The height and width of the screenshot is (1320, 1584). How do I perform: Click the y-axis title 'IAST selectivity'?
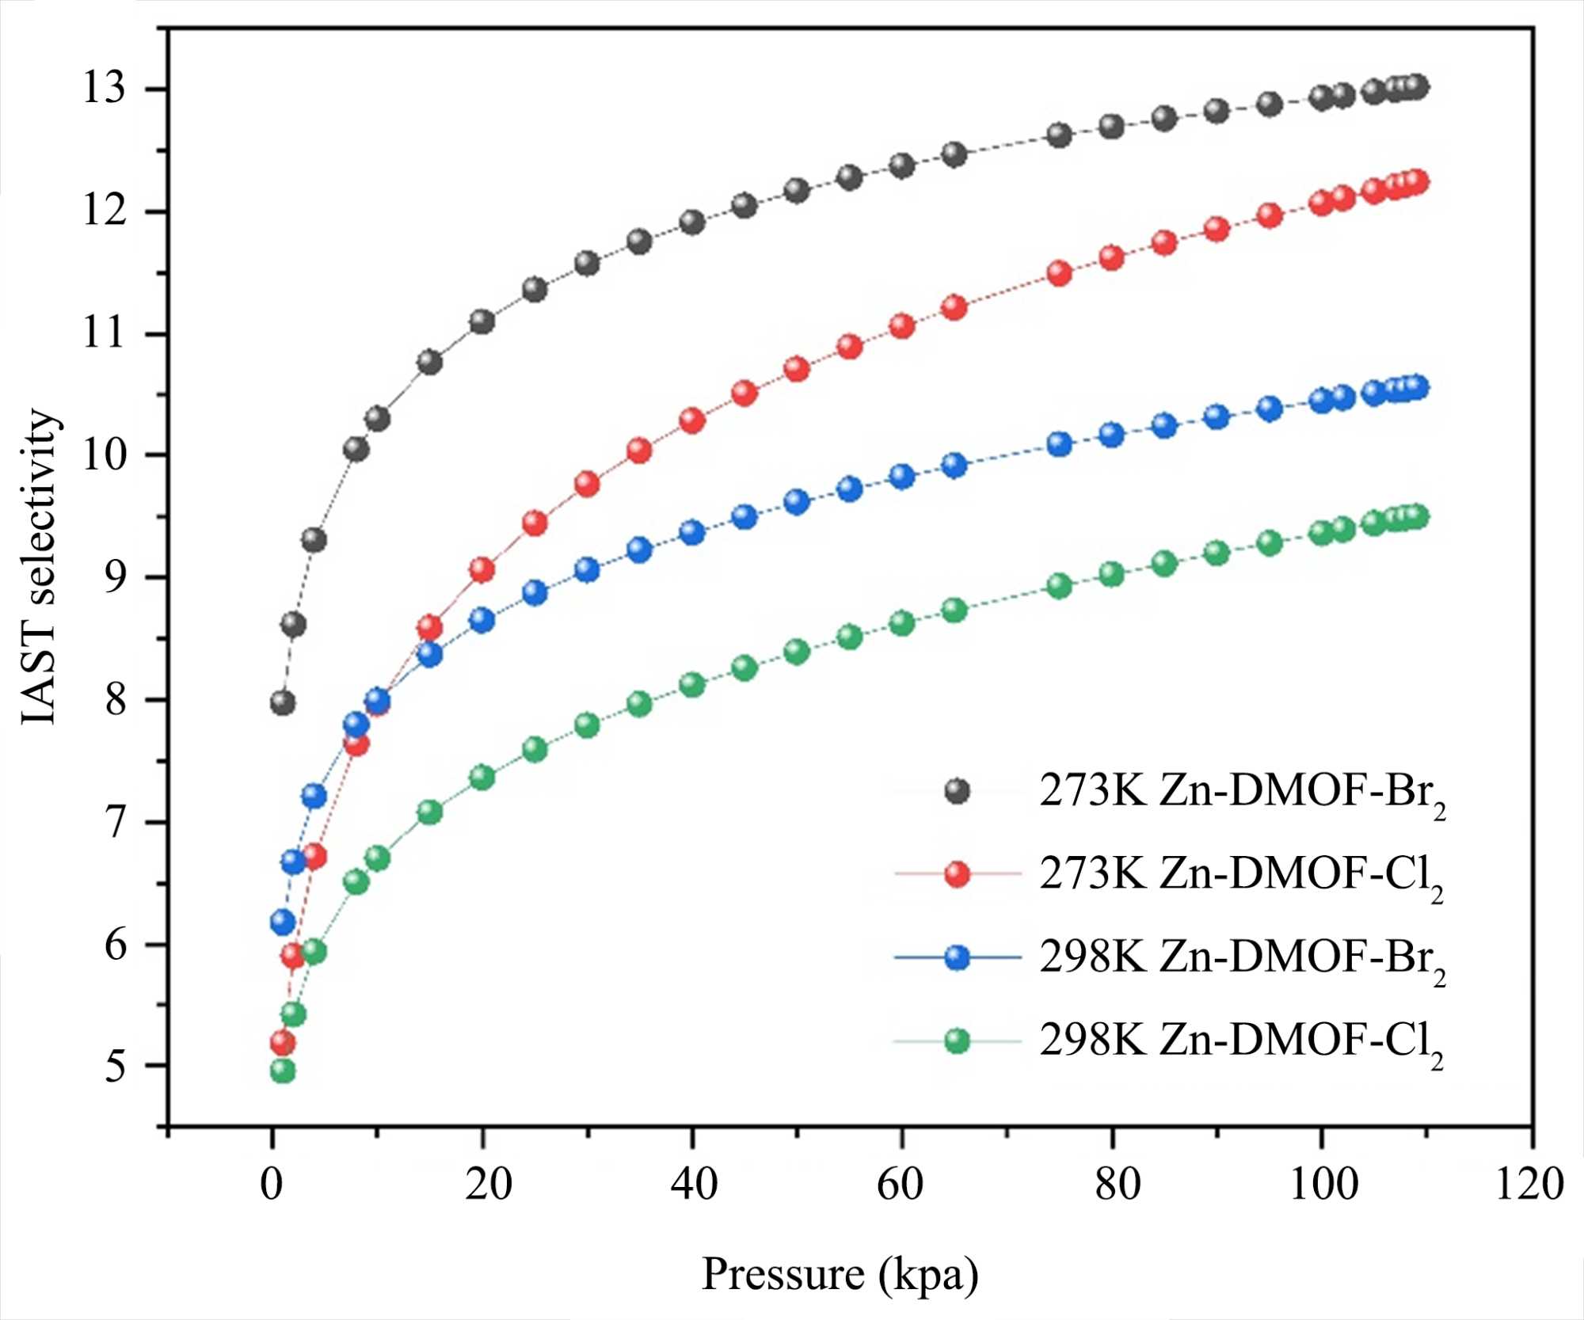(x=40, y=566)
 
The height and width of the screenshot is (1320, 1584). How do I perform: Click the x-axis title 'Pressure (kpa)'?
(x=840, y=1274)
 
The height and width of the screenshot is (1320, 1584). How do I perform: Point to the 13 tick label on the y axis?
(x=105, y=88)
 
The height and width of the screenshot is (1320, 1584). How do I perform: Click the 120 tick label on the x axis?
(x=1529, y=1185)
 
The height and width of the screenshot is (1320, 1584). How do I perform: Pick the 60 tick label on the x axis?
(x=901, y=1185)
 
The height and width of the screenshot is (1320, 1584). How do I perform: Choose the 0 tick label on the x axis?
(x=272, y=1185)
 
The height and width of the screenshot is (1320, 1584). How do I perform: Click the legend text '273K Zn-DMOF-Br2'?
(x=1241, y=792)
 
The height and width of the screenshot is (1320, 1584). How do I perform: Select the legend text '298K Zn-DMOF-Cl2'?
(x=1241, y=1042)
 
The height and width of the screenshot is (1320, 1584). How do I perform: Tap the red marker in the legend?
(x=958, y=874)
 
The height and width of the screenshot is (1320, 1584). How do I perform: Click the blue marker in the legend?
(x=958, y=957)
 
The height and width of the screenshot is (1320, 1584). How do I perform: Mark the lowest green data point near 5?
(x=283, y=1071)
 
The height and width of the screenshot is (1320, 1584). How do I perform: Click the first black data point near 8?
(x=283, y=702)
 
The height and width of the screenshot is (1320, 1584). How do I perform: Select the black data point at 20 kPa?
(x=482, y=321)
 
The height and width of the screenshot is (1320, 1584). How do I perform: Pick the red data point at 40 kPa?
(x=692, y=420)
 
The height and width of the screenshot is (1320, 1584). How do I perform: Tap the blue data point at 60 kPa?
(x=902, y=476)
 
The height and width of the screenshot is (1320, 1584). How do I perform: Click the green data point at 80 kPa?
(x=1112, y=573)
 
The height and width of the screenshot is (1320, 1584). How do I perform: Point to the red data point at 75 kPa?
(x=1060, y=273)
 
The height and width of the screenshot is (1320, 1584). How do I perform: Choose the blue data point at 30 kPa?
(x=587, y=569)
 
